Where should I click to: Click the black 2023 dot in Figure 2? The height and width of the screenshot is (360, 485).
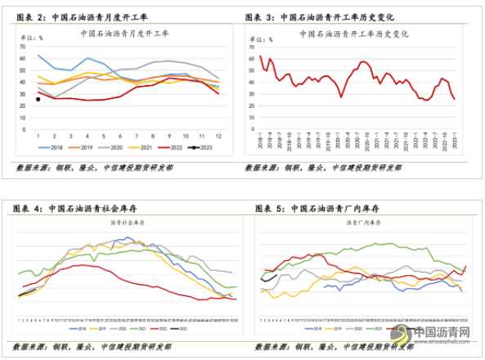click(38, 99)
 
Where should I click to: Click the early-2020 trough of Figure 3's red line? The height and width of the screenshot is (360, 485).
click(341, 97)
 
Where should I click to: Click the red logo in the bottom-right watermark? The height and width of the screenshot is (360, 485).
click(402, 334)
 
